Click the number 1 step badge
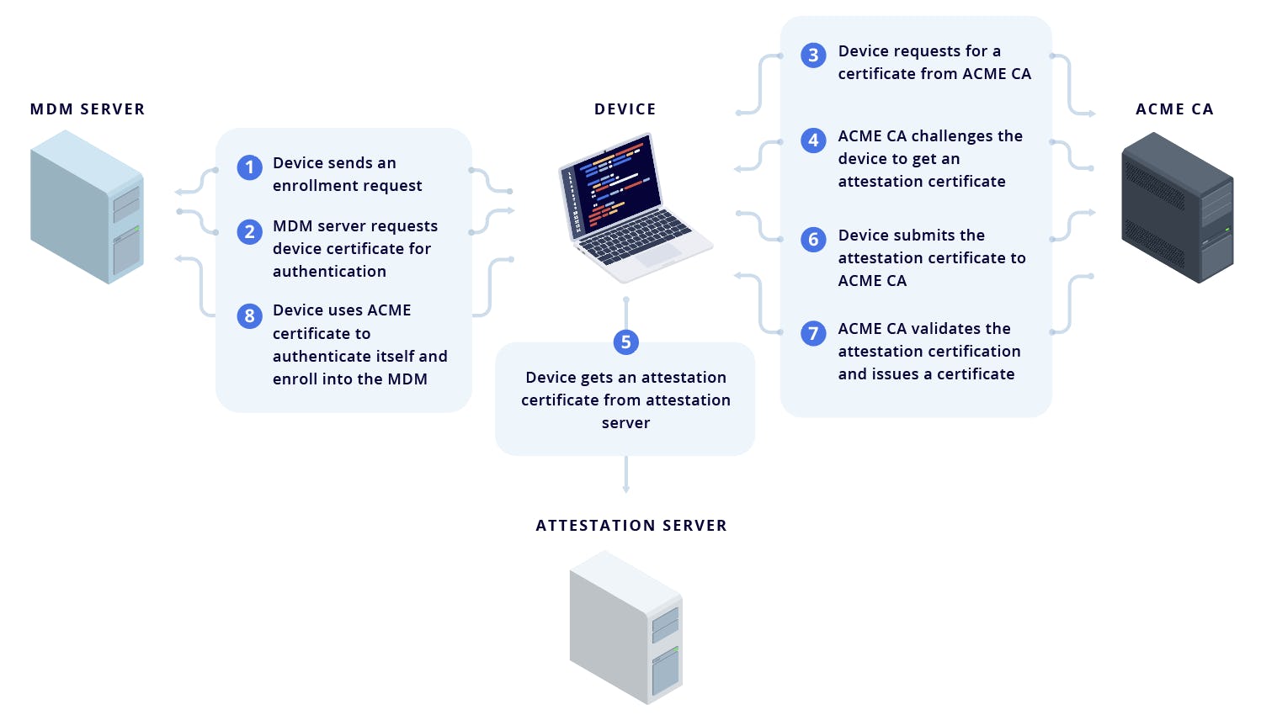point(249,167)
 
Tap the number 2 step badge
point(249,231)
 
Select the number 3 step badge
point(813,56)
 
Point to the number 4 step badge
point(813,140)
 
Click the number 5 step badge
point(625,342)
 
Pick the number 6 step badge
point(813,240)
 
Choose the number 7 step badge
point(813,333)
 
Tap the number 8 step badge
point(249,315)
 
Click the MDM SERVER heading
point(88,109)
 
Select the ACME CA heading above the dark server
point(1174,109)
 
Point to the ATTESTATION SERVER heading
point(631,526)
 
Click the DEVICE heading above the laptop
point(625,109)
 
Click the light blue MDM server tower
point(87,207)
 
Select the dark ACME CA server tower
point(1177,207)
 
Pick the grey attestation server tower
point(625,627)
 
